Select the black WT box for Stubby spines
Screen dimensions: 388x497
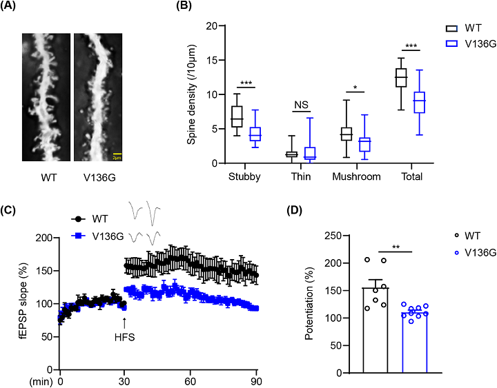(236, 117)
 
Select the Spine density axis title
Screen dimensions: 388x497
(191, 94)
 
